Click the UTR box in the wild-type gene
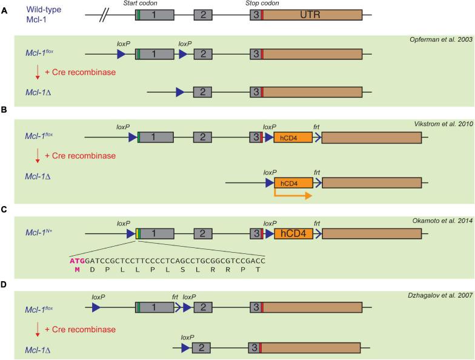[313, 15]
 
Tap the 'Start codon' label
[141, 4]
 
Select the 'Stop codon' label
[262, 4]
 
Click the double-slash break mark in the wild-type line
[104, 15]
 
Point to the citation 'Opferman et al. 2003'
[441, 39]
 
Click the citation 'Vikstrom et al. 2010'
[443, 124]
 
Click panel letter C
[4, 210]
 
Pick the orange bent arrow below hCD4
[292, 194]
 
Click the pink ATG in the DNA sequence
[78, 261]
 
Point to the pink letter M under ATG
[78, 270]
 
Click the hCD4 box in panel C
[293, 234]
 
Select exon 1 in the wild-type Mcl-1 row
[155, 15]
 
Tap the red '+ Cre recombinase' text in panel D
[80, 330]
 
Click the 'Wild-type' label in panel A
[44, 10]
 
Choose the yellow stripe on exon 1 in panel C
[137, 234]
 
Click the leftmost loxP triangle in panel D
[96, 307]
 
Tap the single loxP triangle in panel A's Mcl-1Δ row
[180, 92]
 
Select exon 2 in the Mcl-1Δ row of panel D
[201, 348]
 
